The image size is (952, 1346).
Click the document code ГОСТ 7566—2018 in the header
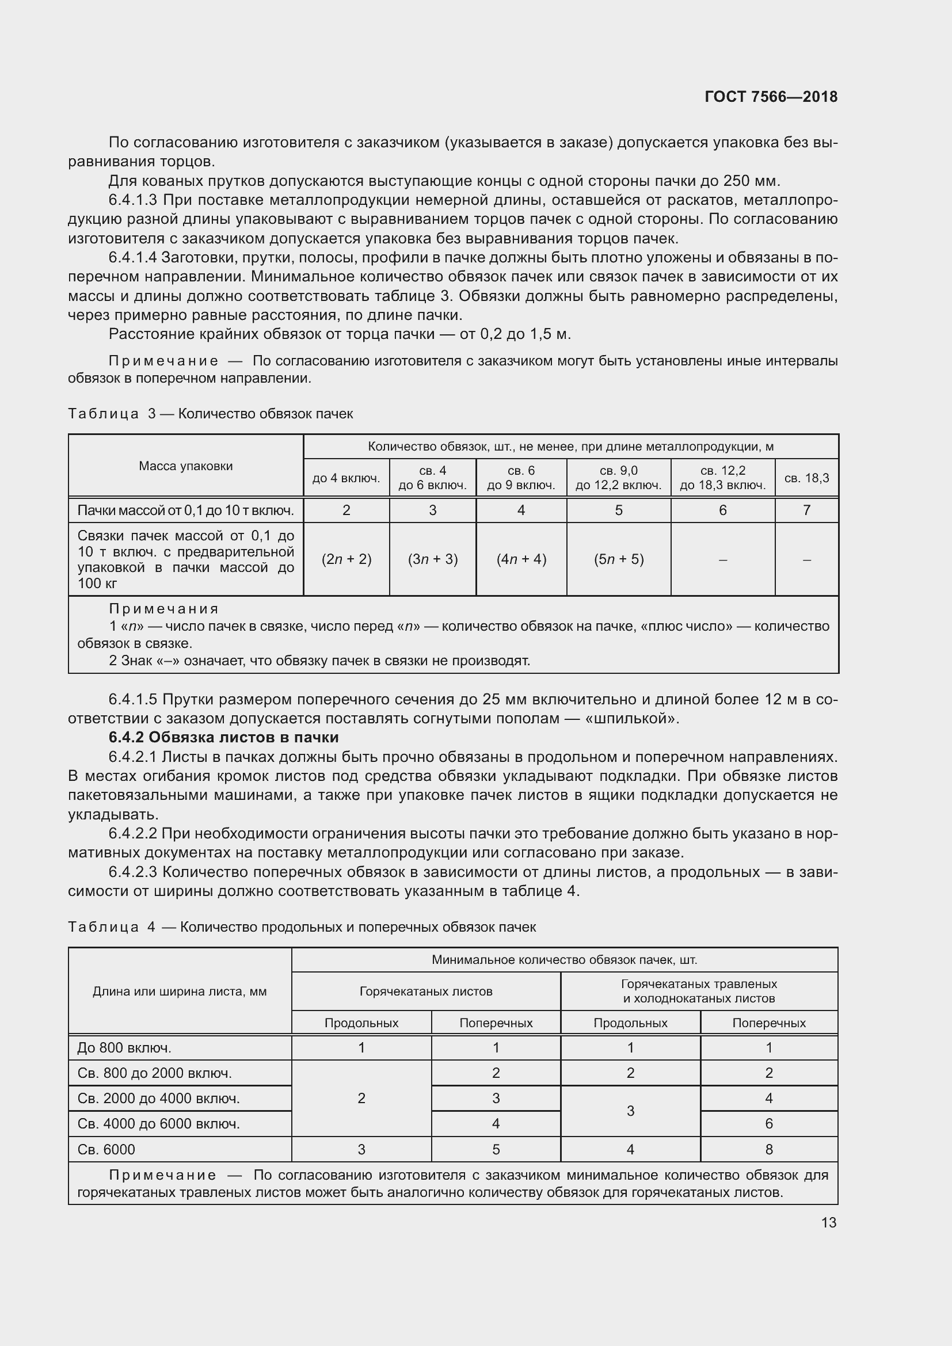(770, 97)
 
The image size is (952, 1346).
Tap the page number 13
(828, 1222)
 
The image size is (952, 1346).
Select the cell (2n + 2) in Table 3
(346, 559)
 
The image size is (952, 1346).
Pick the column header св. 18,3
(806, 478)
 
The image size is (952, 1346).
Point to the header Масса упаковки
(186, 466)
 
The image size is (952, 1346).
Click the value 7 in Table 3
(806, 510)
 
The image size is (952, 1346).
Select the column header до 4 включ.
(346, 478)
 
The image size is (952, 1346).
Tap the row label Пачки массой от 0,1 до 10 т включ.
(185, 510)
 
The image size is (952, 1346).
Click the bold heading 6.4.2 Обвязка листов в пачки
(223, 737)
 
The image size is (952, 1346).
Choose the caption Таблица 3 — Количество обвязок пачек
(211, 414)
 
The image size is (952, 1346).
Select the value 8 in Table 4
(768, 1149)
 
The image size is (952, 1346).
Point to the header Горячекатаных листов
(425, 992)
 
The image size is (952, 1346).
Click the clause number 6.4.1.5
(133, 699)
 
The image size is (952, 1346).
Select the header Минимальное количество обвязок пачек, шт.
(564, 960)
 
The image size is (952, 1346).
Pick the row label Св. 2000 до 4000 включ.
(158, 1098)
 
